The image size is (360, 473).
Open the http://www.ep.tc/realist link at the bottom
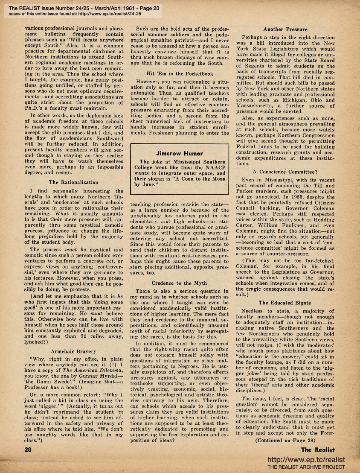[305, 459]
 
